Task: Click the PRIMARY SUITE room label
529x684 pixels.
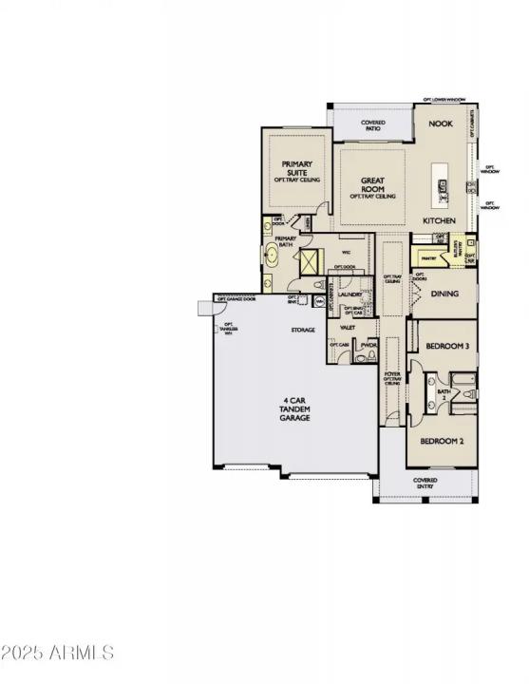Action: coord(297,170)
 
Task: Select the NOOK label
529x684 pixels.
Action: coord(440,124)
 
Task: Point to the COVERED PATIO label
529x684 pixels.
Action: coord(371,124)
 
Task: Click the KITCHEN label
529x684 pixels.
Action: coord(440,220)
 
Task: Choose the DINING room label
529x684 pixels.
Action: coord(444,294)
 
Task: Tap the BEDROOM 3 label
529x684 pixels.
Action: coord(445,347)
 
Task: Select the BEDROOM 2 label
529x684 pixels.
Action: coord(442,440)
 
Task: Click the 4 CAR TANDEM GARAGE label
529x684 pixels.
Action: coord(294,408)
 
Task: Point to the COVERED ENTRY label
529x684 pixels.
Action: coord(425,484)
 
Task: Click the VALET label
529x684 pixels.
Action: coord(348,326)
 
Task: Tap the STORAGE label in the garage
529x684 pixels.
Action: coord(303,330)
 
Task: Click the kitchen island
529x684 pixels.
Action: coord(441,186)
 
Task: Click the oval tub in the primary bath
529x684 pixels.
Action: coord(274,256)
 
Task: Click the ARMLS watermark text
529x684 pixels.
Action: coord(58,653)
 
